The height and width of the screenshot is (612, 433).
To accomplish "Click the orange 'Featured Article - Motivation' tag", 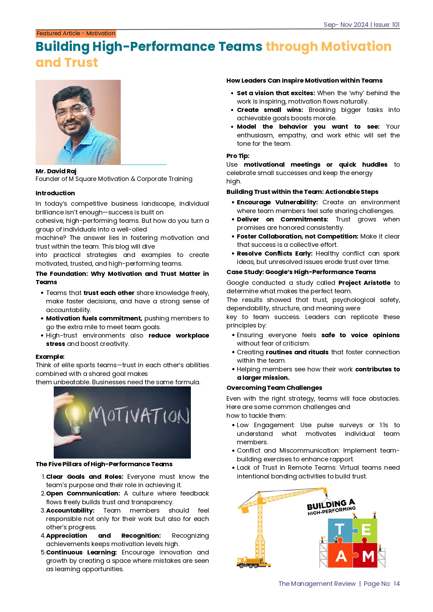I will (x=76, y=33).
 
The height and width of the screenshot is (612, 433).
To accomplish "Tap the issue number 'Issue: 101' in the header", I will (x=386, y=25).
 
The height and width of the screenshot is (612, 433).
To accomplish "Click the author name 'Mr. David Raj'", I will (x=56, y=171).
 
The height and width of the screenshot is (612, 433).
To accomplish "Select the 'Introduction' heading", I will (x=55, y=193).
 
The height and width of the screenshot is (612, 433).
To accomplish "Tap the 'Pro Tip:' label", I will (x=238, y=156).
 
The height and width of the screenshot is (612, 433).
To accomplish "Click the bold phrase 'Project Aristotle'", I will (x=364, y=283).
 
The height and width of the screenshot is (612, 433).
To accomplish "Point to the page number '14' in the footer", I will (x=396, y=584).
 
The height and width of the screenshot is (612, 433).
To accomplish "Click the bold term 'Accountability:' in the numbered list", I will (x=70, y=511).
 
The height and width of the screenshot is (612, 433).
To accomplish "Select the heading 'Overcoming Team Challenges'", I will (x=274, y=388).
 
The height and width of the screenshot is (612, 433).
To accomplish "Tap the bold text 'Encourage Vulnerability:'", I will (x=277, y=202).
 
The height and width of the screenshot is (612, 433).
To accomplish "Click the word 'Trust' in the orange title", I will (x=81, y=62).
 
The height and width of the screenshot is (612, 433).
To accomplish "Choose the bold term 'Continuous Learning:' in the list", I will (x=81, y=552).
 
